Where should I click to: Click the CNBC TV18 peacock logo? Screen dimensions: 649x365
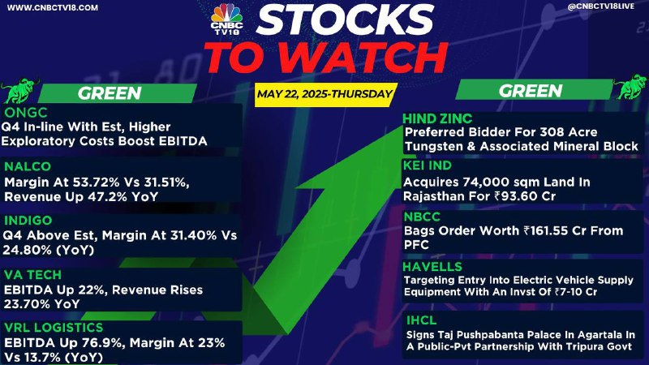226,18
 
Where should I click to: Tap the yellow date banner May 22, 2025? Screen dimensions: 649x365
325,94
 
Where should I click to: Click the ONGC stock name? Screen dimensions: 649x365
26,113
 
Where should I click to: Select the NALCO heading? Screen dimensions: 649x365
28,166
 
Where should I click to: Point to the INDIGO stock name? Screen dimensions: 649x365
28,220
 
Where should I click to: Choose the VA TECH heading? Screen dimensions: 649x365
32,274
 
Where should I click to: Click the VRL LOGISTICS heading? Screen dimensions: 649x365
54,328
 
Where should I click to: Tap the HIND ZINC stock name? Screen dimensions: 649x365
437,118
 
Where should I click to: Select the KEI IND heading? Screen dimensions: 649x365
428,165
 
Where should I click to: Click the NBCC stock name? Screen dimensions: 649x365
422,217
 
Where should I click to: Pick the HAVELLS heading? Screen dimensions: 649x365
432,267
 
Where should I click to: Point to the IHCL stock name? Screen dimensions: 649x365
421,320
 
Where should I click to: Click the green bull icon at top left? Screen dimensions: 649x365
19,90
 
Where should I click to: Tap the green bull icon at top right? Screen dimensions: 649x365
630,87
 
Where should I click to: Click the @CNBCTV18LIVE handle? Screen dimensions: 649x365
600,6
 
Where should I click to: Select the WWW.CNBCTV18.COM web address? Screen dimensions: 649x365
53,8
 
